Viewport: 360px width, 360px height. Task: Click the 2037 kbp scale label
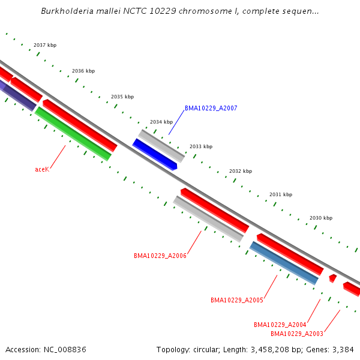pyautogui.click(x=45, y=45)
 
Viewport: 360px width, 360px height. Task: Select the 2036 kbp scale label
pyautogui.click(x=83, y=71)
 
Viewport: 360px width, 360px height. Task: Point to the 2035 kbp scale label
pyautogui.click(x=122, y=97)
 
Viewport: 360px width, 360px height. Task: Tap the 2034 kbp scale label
pyautogui.click(x=161, y=122)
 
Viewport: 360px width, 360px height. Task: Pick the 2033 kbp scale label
pyautogui.click(x=201, y=146)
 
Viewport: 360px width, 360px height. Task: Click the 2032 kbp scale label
pyautogui.click(x=241, y=171)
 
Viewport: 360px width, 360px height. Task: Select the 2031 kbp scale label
pyautogui.click(x=281, y=194)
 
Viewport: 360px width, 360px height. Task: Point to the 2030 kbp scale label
pyautogui.click(x=321, y=218)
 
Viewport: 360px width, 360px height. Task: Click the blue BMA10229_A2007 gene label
pyautogui.click(x=211, y=108)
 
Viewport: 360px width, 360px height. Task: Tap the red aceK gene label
pyautogui.click(x=42, y=169)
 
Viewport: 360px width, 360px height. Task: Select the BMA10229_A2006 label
pyautogui.click(x=160, y=256)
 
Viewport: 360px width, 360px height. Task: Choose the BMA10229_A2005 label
pyautogui.click(x=237, y=300)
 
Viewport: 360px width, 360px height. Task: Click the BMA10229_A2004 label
pyautogui.click(x=280, y=325)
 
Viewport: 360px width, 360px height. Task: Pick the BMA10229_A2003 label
pyautogui.click(x=297, y=334)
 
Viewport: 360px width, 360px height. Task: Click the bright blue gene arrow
pyautogui.click(x=155, y=154)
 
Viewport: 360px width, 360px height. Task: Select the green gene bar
pyautogui.click(x=73, y=134)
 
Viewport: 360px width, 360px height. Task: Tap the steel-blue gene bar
pyautogui.click(x=284, y=263)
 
